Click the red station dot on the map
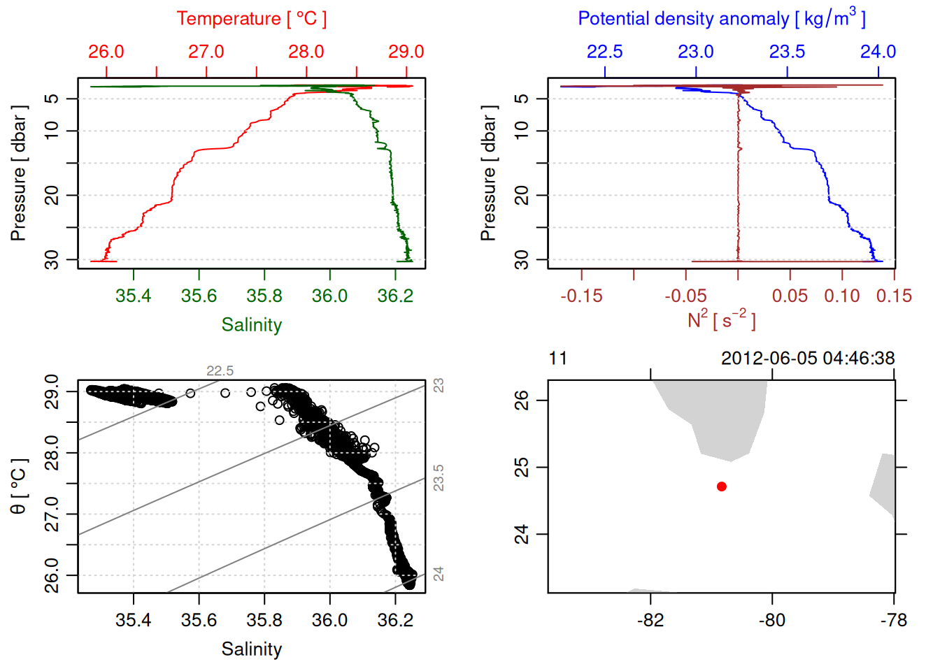721,486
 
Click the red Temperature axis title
251,19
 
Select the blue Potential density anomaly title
721,18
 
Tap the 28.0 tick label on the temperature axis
306,52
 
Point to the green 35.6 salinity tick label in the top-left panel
199,296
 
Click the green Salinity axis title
251,325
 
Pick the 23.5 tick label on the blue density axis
787,52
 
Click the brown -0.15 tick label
581,296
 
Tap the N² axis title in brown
721,320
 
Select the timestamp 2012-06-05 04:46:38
808,359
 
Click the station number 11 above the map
557,359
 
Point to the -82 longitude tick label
650,620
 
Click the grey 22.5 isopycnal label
220,371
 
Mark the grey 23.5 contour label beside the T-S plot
439,478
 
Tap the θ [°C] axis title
18,486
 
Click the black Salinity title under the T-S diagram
251,649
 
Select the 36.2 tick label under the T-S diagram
395,620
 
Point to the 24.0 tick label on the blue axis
878,52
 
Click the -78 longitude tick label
893,620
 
